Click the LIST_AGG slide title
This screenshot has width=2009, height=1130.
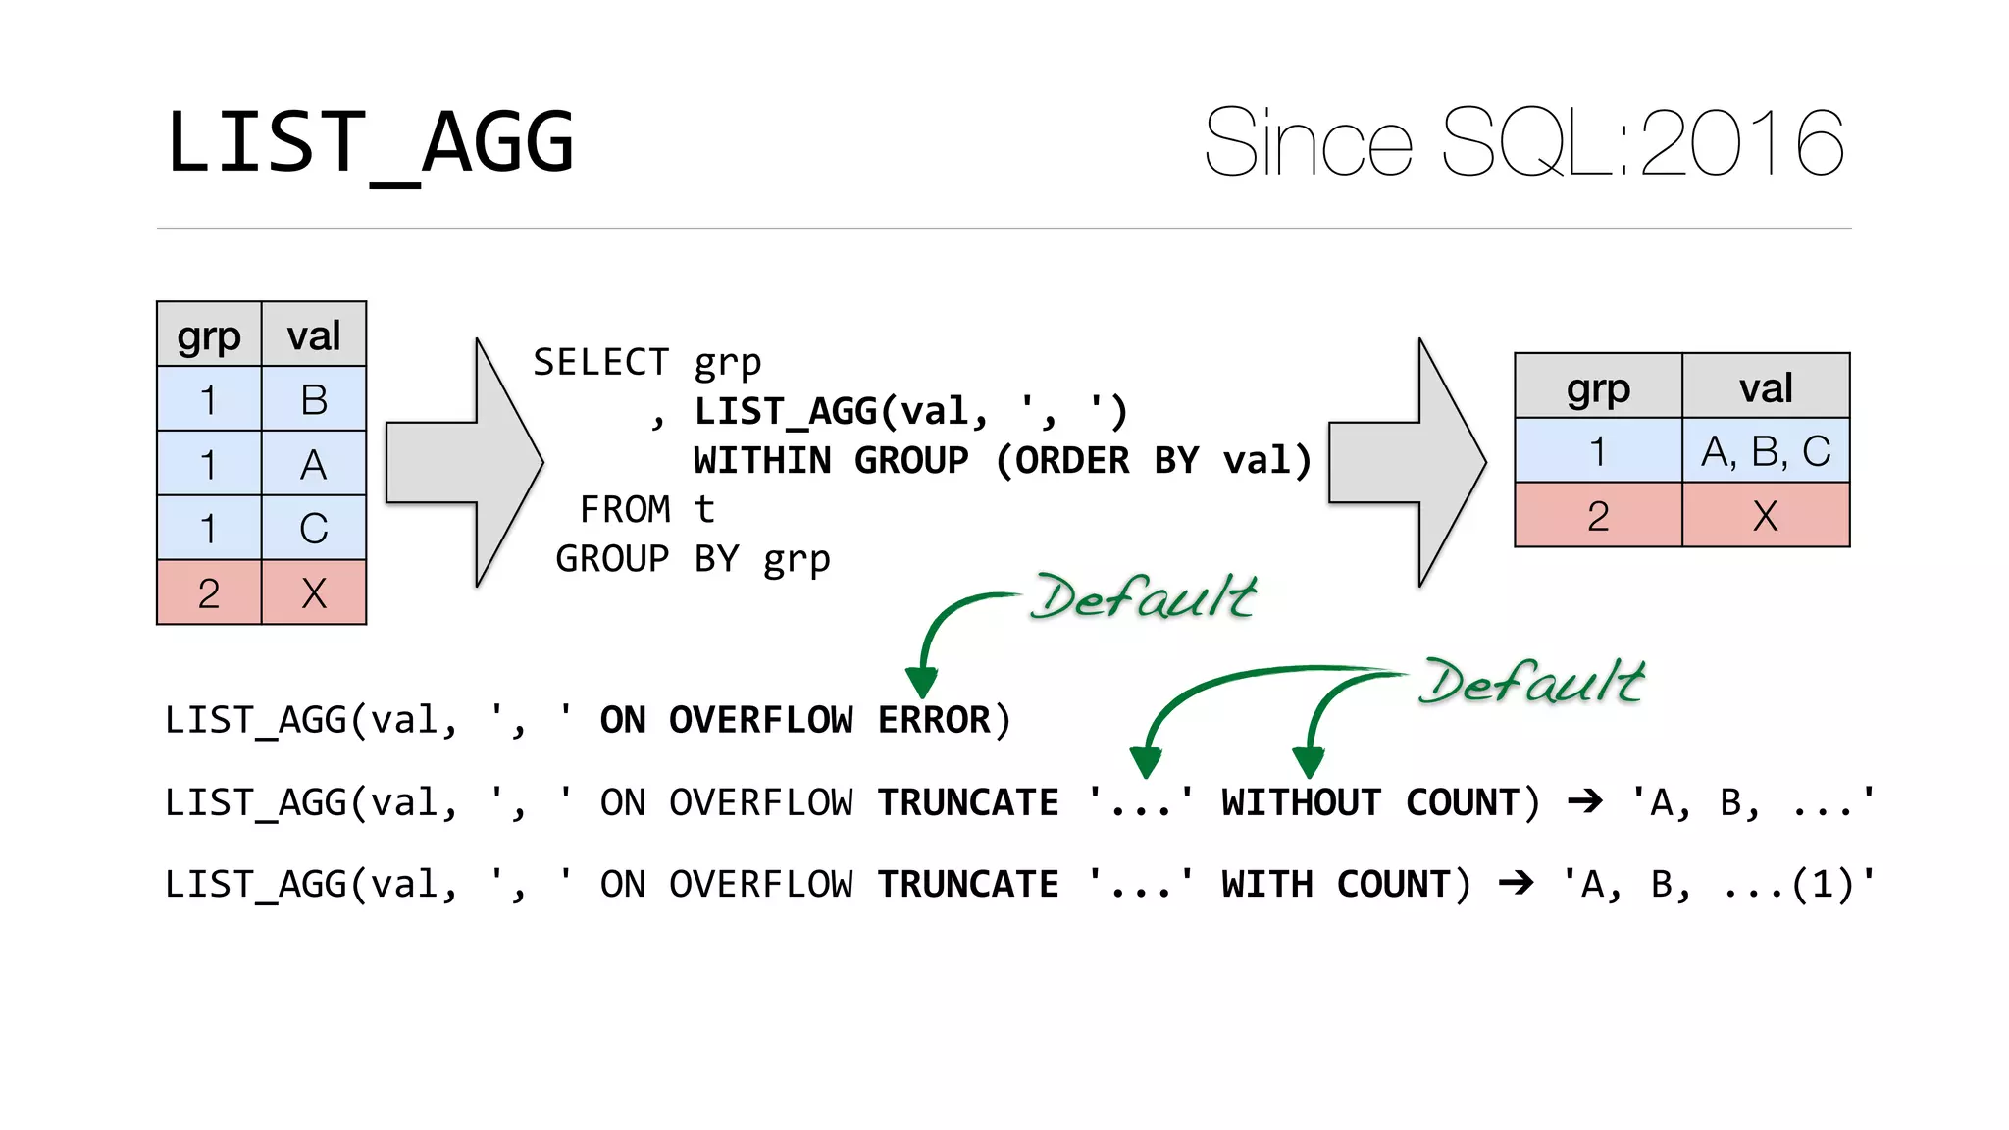click(370, 143)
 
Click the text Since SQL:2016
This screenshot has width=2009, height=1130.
click(1523, 143)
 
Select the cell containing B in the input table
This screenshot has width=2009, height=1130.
click(314, 399)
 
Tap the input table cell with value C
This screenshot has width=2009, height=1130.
click(314, 529)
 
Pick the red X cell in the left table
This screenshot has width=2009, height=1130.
click(314, 593)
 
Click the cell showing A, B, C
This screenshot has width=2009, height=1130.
click(1766, 451)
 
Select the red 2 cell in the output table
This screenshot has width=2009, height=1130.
click(1598, 516)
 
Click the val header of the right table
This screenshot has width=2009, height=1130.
click(1766, 387)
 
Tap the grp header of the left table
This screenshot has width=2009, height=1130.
click(209, 336)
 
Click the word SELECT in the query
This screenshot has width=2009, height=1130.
click(600, 363)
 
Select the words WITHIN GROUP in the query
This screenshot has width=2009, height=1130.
click(831, 461)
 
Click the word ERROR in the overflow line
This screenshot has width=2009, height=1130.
click(933, 721)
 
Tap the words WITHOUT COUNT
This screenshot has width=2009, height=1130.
click(1370, 803)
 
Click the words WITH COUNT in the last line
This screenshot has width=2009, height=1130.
click(1336, 885)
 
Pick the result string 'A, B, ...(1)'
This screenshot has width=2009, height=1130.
click(1718, 885)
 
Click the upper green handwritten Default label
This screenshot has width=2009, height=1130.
click(1144, 597)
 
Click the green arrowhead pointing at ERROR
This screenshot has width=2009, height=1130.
click(921, 681)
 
